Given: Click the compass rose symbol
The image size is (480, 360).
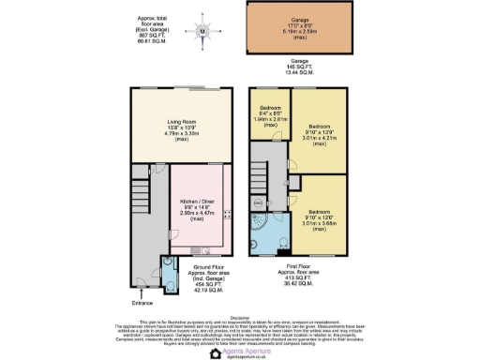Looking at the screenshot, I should coord(203,30).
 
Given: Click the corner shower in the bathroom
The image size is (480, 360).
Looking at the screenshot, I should coord(259,219).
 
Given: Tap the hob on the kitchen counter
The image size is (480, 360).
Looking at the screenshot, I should coord(228,215).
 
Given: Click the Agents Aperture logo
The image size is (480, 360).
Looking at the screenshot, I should coord(240,350).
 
